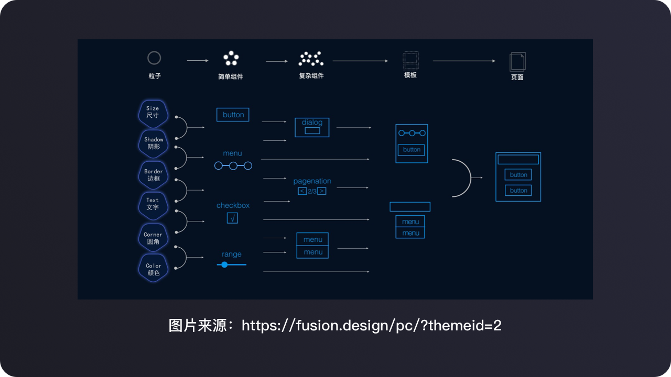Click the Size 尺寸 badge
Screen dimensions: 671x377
(153, 114)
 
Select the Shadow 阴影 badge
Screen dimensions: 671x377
(153, 144)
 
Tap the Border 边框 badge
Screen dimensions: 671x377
(153, 175)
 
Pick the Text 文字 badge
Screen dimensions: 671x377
(153, 206)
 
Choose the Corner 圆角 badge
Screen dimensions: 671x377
(153, 238)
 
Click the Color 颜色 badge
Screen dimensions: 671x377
(153, 269)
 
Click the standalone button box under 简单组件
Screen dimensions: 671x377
(233, 115)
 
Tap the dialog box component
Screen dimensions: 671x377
(312, 127)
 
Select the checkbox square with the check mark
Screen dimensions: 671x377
(232, 218)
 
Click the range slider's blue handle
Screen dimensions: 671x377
(224, 265)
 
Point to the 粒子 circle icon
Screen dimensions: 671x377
(154, 58)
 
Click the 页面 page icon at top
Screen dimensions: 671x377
(517, 62)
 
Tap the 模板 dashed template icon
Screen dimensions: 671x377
(410, 61)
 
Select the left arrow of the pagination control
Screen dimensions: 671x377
(302, 191)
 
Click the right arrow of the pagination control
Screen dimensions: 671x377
(322, 191)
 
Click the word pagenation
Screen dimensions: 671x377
(312, 181)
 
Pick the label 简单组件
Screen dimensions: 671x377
(230, 76)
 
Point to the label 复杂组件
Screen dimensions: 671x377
(311, 76)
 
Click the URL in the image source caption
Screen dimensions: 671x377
(372, 326)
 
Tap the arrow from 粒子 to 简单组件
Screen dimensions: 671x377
(198, 61)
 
